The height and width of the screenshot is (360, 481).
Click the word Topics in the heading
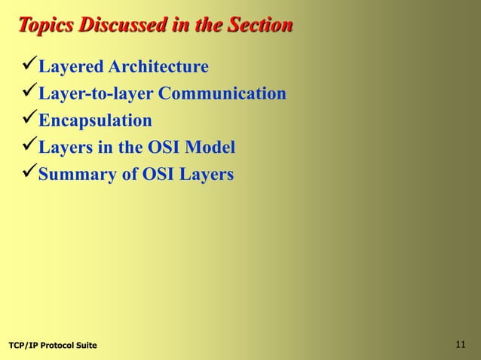click(46, 26)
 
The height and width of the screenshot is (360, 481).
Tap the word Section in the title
click(253, 26)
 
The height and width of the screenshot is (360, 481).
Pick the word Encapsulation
click(95, 121)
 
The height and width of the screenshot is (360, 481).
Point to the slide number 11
click(461, 345)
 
